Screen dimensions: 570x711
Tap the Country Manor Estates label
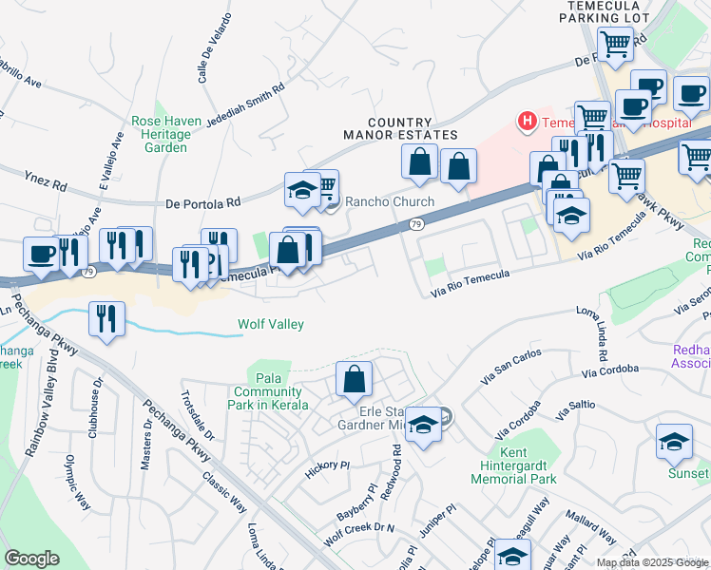(413, 129)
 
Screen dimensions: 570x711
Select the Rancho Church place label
(389, 201)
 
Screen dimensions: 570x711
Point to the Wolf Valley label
(270, 325)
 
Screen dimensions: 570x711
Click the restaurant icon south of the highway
(106, 318)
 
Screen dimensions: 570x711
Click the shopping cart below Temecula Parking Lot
(615, 43)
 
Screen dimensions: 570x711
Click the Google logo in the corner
(31, 559)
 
